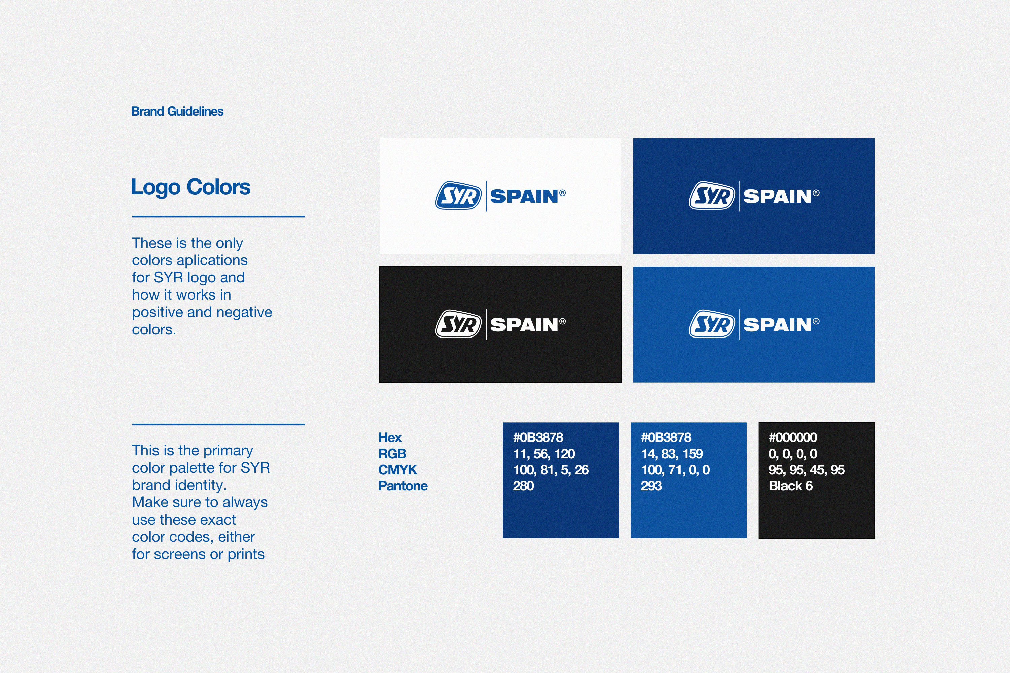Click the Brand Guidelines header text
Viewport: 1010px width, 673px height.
[x=177, y=112]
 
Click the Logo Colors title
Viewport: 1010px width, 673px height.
[x=190, y=187]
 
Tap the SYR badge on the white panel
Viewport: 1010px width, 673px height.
[x=458, y=196]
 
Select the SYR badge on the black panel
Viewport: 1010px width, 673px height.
[x=458, y=324]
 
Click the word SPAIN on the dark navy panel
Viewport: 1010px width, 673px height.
[x=777, y=196]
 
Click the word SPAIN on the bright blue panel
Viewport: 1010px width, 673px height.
[x=777, y=325]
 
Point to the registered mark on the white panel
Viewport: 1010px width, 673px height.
[x=562, y=193]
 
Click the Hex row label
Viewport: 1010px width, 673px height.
[x=390, y=438]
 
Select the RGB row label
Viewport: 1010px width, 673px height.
[x=392, y=454]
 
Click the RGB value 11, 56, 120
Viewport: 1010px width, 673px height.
[x=544, y=454]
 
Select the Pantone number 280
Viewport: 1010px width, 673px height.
[x=523, y=486]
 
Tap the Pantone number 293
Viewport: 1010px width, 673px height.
[x=651, y=486]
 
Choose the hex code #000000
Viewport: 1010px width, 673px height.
[x=793, y=438]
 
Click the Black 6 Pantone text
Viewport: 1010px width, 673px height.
[x=791, y=486]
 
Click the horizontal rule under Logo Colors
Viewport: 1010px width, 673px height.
[x=218, y=217]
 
